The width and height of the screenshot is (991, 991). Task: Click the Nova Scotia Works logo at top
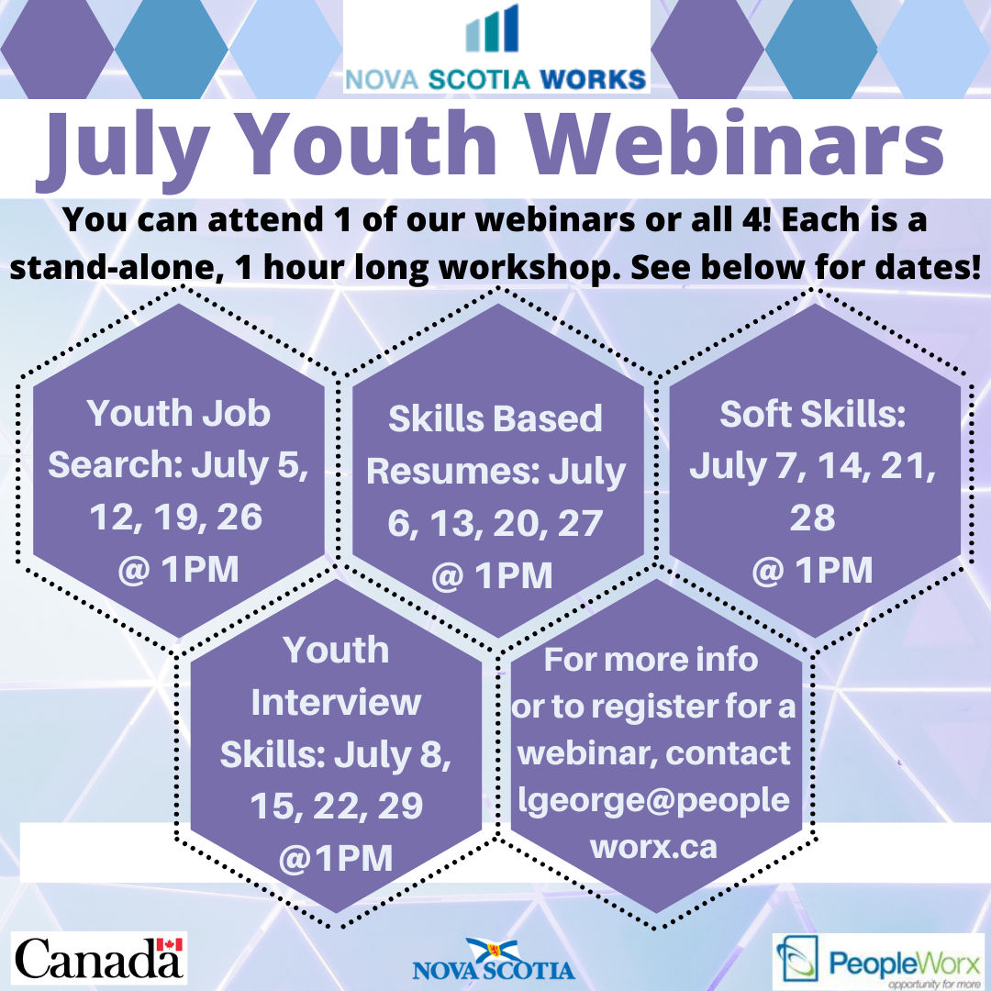tap(496, 47)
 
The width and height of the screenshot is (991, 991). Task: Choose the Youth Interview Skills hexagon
tap(336, 752)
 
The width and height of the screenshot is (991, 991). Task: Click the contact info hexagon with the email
tap(654, 752)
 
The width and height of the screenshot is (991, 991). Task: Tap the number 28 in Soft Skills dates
tap(813, 518)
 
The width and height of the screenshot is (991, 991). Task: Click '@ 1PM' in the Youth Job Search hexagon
tap(178, 569)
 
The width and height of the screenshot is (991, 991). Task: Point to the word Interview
tap(336, 703)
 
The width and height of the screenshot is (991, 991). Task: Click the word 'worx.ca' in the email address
tap(654, 846)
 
